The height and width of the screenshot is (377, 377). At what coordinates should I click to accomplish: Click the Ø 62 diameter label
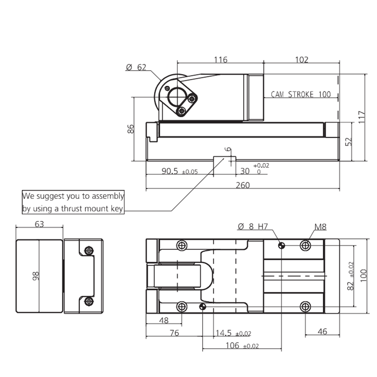(x=136, y=67)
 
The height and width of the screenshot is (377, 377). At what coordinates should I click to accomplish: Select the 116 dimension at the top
(x=221, y=59)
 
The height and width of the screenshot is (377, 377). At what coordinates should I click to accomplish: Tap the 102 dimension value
(x=302, y=59)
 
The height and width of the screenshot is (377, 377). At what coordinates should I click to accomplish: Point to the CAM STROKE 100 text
(x=301, y=94)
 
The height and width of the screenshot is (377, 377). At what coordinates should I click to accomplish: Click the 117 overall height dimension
(x=362, y=117)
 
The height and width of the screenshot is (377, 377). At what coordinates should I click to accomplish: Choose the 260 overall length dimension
(x=243, y=185)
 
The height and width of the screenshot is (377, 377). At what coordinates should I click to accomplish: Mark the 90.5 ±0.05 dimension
(x=180, y=171)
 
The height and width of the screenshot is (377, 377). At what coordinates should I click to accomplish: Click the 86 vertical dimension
(x=131, y=129)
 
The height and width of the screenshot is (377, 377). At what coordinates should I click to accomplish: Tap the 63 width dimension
(x=40, y=224)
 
